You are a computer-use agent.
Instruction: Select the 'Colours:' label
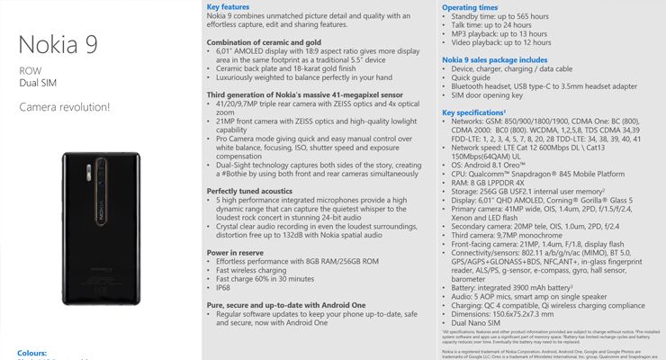(x=34, y=354)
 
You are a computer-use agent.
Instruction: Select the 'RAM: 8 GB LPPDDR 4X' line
(x=493, y=181)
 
